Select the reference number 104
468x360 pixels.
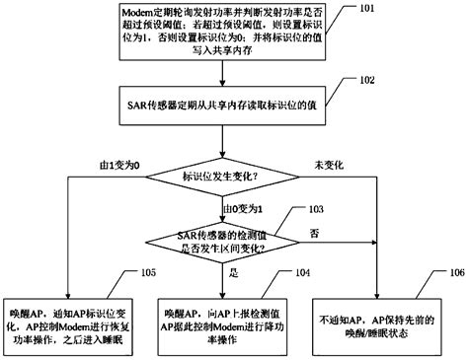[x=294, y=270]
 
